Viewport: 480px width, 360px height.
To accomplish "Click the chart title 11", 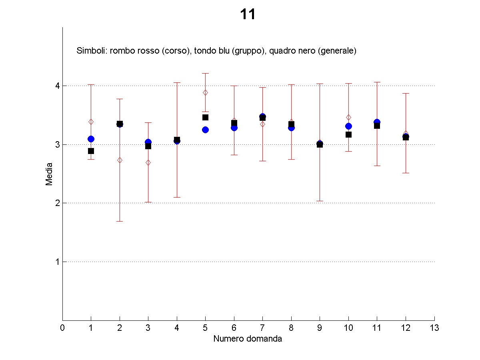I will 248,15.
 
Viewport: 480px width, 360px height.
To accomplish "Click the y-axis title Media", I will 49,174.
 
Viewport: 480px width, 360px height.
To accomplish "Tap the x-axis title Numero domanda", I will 247,339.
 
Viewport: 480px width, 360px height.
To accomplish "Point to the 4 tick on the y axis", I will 57,86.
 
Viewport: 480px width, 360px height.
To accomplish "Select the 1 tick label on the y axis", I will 57,262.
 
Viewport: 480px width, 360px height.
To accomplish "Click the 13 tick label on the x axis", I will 434,328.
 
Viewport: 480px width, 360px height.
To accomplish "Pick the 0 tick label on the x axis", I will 62,328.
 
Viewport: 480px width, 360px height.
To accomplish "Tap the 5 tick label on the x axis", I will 205,328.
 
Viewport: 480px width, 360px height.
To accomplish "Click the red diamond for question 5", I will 205,92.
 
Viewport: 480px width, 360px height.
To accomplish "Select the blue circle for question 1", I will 91,139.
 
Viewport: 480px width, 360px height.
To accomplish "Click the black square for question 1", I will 91,151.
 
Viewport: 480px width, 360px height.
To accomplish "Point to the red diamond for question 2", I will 120,160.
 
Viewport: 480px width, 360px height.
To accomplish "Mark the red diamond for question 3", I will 148,162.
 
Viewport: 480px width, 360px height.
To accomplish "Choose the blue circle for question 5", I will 205,130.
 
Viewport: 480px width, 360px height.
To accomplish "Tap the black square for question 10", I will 348,134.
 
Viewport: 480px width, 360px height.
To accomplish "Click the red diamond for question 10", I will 348,117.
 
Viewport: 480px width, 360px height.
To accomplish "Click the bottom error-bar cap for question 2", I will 120,221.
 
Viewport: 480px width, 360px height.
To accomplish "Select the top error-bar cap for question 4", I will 177,82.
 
